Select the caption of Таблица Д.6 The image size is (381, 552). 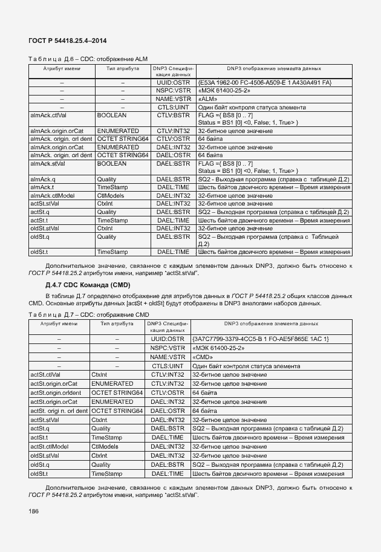[87, 58]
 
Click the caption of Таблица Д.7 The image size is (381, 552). [88, 315]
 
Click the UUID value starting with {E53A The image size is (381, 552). [264, 82]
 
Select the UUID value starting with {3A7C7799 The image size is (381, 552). [260, 339]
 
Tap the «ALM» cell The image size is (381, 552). [208, 99]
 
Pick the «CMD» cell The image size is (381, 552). [203, 357]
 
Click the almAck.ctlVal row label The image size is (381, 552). [48, 115]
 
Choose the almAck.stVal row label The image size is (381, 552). [48, 163]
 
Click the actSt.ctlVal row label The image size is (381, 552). [45, 375]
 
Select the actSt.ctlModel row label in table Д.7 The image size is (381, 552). [49, 447]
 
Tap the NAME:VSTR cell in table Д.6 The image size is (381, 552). [173, 99]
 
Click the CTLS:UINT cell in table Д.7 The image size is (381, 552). [168, 366]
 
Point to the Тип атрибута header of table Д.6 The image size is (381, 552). [123, 69]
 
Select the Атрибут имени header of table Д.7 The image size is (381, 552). [59, 324]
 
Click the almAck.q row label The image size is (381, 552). [44, 180]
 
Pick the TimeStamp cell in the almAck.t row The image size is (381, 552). [112, 187]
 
